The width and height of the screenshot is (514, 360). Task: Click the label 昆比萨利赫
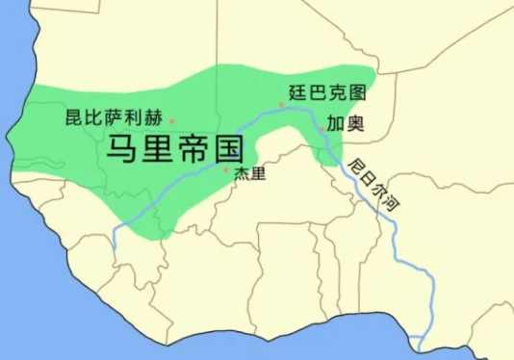tap(113, 118)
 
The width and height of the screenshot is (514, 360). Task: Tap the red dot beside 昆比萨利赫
tap(172, 121)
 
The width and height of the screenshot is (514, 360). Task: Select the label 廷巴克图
tap(327, 93)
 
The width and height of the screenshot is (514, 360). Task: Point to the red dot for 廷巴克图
tap(282, 104)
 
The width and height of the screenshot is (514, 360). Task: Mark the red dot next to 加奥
tap(321, 127)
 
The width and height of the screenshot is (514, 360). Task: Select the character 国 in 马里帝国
tap(226, 149)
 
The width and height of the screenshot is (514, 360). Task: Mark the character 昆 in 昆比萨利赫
tap(73, 118)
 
